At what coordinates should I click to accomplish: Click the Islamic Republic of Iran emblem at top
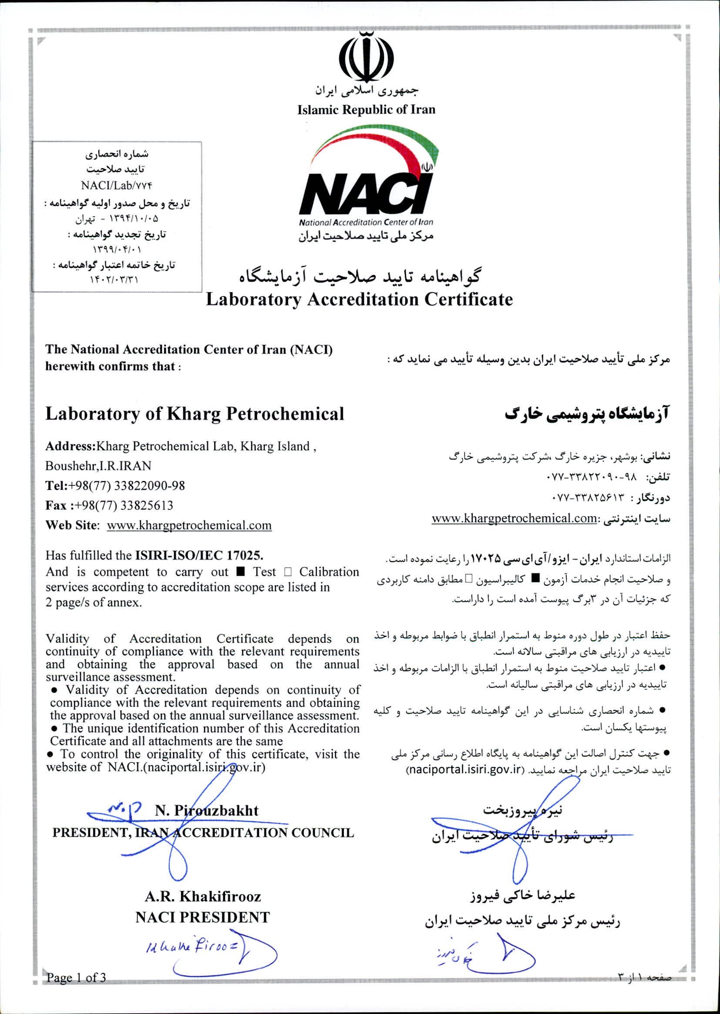click(x=366, y=57)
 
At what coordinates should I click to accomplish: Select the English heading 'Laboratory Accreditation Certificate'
click(x=359, y=299)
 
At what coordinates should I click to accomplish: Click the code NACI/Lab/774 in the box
click(x=117, y=186)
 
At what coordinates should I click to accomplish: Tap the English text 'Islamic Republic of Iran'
click(x=366, y=110)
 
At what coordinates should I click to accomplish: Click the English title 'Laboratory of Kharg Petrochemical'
click(x=195, y=413)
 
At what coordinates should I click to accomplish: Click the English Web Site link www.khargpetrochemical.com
click(x=189, y=525)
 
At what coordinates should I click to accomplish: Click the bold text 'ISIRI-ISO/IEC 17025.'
click(x=199, y=555)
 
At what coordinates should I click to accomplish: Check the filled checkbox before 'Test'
click(x=241, y=572)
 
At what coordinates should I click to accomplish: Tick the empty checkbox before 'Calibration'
click(x=288, y=572)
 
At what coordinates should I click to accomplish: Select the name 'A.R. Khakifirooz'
click(x=202, y=896)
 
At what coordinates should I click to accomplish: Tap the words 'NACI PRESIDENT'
click(x=202, y=917)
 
